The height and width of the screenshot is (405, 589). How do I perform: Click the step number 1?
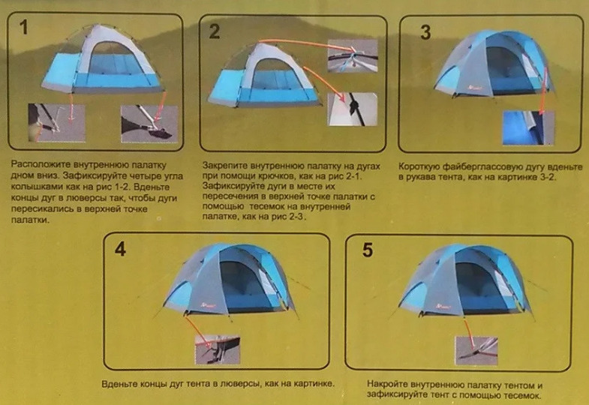[x=24, y=28]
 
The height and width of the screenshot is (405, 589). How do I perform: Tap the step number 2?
[x=215, y=31]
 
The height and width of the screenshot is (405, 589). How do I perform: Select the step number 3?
[x=425, y=32]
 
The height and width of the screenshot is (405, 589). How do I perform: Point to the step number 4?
[x=120, y=249]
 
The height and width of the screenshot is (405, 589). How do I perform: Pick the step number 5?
[x=368, y=250]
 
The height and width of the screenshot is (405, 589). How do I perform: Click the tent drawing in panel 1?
[x=102, y=59]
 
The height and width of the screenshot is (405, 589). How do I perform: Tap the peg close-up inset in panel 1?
[x=57, y=123]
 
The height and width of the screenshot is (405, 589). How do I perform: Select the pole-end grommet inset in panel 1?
[x=149, y=124]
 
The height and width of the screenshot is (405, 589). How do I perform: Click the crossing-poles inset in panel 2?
[x=353, y=56]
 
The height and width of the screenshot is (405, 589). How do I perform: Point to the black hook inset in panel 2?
[x=353, y=109]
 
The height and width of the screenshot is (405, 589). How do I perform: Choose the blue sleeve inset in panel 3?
[x=528, y=127]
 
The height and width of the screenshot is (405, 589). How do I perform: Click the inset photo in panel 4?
[x=218, y=349]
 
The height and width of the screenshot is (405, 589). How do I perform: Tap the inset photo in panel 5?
[x=476, y=350]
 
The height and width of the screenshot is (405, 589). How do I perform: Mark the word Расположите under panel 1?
[x=41, y=165]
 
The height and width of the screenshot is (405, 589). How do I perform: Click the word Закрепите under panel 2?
[x=224, y=166]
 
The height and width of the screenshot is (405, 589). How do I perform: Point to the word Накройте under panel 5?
[x=387, y=384]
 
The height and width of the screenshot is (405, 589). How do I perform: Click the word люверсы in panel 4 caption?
[x=241, y=384]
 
